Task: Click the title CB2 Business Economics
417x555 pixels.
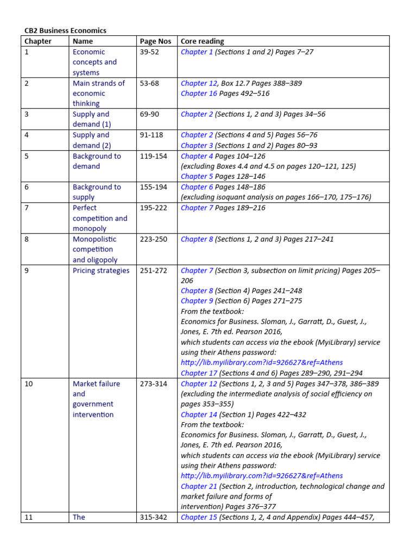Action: pyautogui.click(x=65, y=31)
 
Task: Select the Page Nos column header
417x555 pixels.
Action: pyautogui.click(x=155, y=41)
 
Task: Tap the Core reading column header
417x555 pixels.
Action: pyautogui.click(x=202, y=41)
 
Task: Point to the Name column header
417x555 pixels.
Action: pyautogui.click(x=83, y=41)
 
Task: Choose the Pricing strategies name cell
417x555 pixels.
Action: pyautogui.click(x=101, y=270)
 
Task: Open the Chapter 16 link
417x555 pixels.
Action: pyautogui.click(x=198, y=94)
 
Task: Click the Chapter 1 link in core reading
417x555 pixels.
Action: pyautogui.click(x=197, y=52)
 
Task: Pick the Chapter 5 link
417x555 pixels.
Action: pyautogui.click(x=197, y=177)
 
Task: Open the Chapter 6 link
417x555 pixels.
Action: pyautogui.click(x=197, y=187)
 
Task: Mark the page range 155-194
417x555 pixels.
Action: pyautogui.click(x=154, y=187)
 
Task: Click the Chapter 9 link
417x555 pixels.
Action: pyautogui.click(x=197, y=301)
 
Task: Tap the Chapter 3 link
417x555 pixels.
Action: pyautogui.click(x=197, y=146)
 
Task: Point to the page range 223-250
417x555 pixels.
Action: pyautogui.click(x=154, y=239)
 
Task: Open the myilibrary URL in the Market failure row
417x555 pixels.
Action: pyautogui.click(x=262, y=476)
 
